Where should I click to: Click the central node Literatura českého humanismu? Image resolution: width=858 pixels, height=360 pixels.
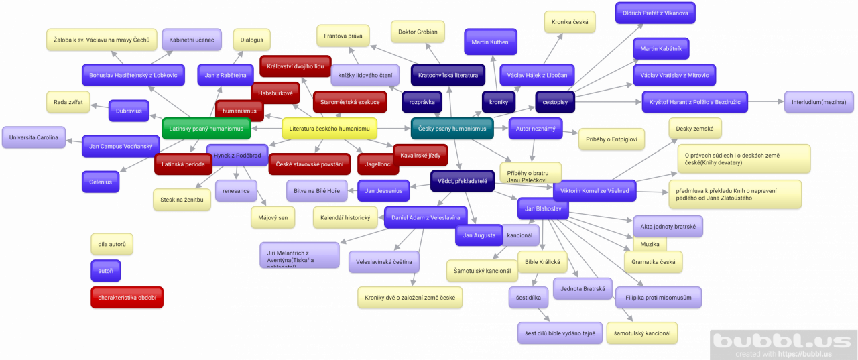(329, 128)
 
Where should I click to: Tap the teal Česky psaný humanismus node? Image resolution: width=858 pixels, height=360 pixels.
(452, 128)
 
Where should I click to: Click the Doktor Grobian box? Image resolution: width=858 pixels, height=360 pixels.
(418, 32)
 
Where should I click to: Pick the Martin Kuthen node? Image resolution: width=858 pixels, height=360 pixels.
(490, 42)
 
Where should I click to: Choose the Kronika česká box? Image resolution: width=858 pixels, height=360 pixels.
(570, 22)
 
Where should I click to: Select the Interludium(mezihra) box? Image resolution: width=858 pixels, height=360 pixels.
(819, 102)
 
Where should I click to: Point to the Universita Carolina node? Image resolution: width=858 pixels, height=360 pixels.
(34, 137)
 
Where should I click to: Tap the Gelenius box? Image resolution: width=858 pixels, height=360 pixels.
(100, 181)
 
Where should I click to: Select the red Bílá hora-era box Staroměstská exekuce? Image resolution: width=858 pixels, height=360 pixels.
(349, 102)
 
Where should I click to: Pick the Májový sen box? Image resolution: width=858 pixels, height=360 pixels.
(273, 217)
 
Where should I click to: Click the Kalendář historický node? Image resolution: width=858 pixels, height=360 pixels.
(345, 217)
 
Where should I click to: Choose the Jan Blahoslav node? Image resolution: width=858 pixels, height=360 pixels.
(543, 209)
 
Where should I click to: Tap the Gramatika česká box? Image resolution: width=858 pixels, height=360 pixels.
(653, 261)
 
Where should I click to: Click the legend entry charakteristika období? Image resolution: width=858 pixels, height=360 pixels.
(127, 297)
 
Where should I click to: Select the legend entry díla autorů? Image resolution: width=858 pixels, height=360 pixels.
(112, 244)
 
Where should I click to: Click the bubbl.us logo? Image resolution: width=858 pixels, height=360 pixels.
(783, 343)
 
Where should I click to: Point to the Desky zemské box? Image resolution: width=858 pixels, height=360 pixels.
(694, 127)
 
